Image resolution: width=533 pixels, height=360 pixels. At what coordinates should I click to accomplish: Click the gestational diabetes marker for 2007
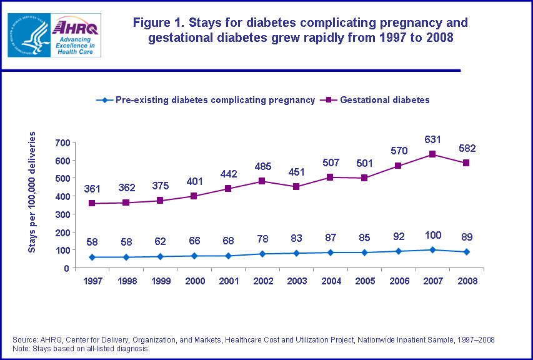(432, 154)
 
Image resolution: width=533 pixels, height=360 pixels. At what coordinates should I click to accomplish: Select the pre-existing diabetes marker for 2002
(262, 254)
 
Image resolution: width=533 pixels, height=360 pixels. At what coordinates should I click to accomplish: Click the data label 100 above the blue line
(432, 236)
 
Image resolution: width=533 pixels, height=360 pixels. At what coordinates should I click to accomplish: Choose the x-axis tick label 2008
(467, 281)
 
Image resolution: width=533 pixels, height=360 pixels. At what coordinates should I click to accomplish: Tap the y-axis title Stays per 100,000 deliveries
(32, 192)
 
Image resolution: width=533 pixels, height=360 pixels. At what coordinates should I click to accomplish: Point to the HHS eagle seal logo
(28, 34)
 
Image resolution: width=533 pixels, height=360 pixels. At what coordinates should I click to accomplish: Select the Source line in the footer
(253, 339)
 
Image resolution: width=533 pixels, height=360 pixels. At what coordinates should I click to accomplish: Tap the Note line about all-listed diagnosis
(81, 348)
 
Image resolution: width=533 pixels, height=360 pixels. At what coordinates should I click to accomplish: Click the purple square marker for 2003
(296, 187)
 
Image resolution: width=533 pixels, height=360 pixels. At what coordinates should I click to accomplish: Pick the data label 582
(467, 148)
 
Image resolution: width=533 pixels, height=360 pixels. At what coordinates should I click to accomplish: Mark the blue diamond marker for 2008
(467, 252)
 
